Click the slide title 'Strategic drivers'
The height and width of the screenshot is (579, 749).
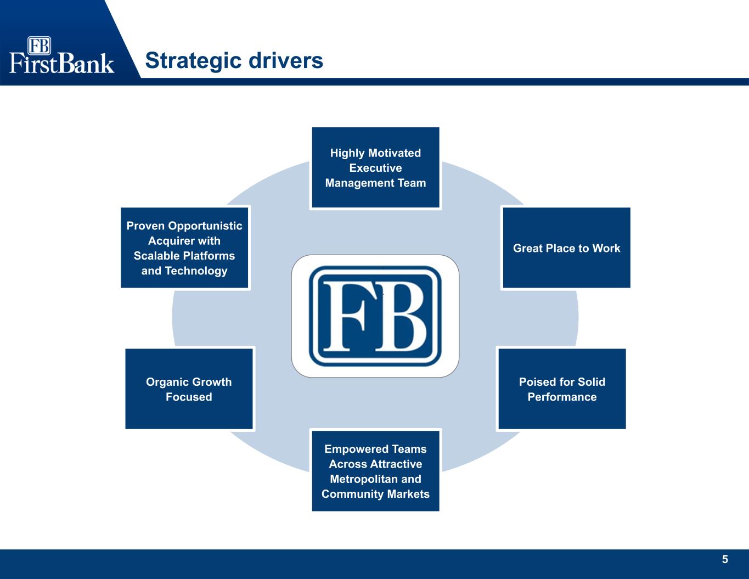point(234,60)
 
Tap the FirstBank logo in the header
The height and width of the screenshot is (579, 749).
point(61,55)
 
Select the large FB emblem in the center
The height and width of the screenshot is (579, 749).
point(375,316)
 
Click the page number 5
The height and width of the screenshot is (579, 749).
point(725,559)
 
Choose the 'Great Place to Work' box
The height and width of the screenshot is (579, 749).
point(566,248)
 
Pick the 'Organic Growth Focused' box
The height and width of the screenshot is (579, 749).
point(189,389)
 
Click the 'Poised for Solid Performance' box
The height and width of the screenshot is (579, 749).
point(562,389)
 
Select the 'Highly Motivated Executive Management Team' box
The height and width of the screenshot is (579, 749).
point(375,168)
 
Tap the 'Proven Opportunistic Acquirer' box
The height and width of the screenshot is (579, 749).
point(184,248)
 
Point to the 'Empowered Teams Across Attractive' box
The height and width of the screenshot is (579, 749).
point(375,471)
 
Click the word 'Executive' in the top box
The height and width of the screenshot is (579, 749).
point(375,168)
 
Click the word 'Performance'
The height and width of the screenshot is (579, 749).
point(562,397)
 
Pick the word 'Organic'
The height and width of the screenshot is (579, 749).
point(165,382)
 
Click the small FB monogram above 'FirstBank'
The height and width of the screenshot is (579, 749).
point(39,46)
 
